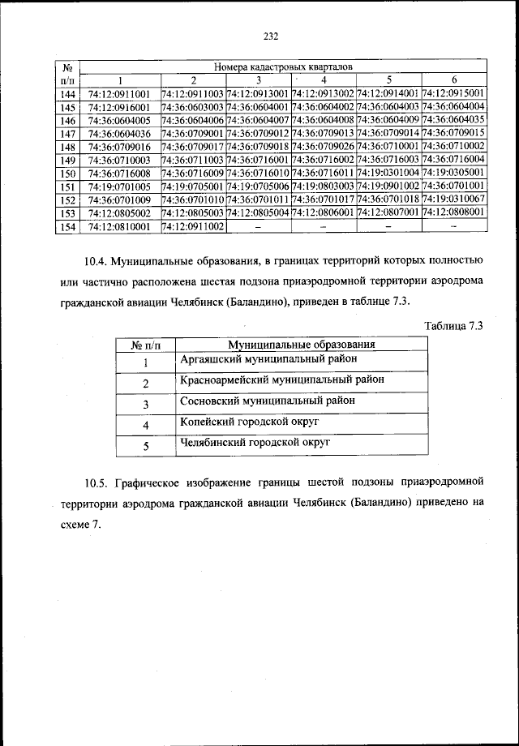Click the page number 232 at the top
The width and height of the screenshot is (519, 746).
[x=271, y=36]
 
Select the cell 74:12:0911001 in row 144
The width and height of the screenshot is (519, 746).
[x=119, y=93]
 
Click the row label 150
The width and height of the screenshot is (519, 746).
[x=68, y=174]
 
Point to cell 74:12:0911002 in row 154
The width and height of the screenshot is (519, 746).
[x=193, y=226]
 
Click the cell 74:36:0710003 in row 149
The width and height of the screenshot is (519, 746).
[x=119, y=160]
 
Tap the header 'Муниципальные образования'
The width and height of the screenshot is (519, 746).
[x=290, y=345]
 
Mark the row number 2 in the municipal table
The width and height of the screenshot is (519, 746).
[x=146, y=383]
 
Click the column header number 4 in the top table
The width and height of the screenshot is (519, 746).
[x=324, y=79]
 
